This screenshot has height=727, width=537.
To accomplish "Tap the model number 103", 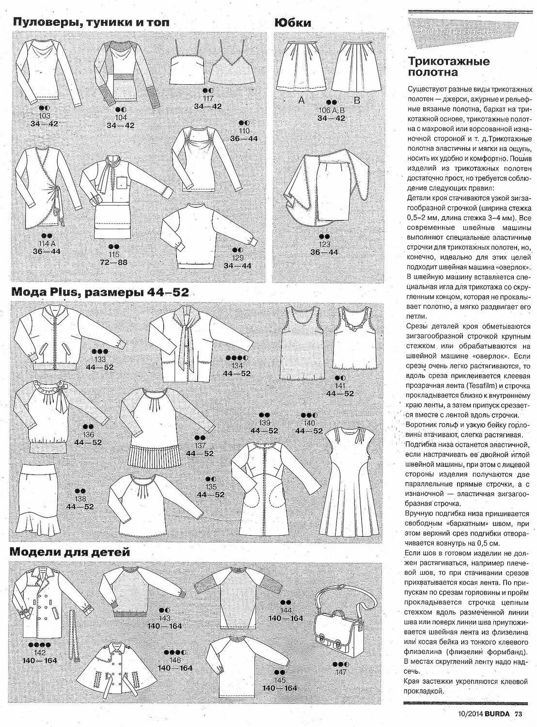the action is [x=44, y=116].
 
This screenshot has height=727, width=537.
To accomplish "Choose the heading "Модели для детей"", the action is [x=69, y=552].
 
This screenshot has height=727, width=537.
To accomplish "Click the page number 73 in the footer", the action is [x=518, y=713].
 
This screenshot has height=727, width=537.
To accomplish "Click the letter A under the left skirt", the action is [x=300, y=101].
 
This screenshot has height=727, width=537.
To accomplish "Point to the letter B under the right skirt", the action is [x=357, y=101].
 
